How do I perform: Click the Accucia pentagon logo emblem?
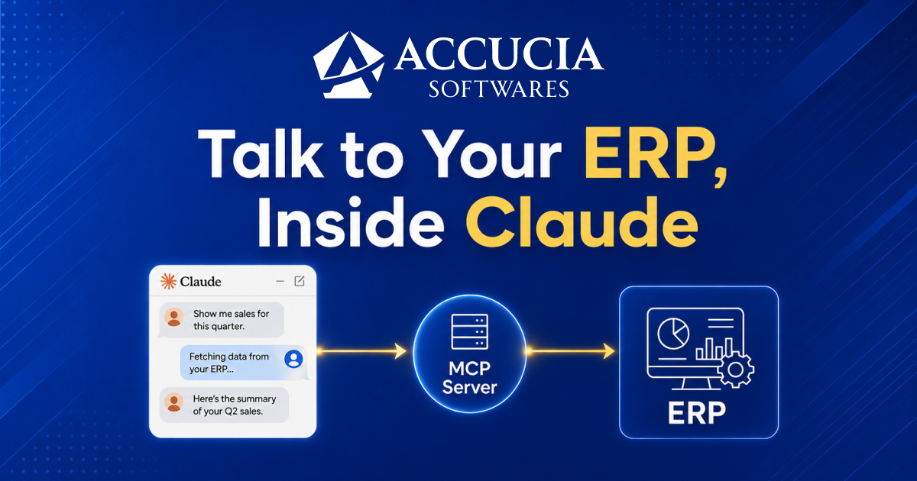348,65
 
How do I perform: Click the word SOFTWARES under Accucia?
498,89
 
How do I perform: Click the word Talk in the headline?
260,153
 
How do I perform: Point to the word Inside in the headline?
351,222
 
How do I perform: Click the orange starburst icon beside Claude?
168,282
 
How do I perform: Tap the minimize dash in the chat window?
280,282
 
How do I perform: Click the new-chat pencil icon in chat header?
300,281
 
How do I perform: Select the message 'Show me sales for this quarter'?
222,320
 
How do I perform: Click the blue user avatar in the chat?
293,359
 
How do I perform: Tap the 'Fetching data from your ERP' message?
245,363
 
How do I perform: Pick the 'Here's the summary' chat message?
224,405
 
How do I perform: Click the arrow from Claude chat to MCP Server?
362,351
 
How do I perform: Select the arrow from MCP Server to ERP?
571,351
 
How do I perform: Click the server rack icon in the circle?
469,331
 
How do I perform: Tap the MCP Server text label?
469,378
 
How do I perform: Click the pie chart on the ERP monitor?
673,334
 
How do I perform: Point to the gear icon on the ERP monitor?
736,370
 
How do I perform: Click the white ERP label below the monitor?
697,413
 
